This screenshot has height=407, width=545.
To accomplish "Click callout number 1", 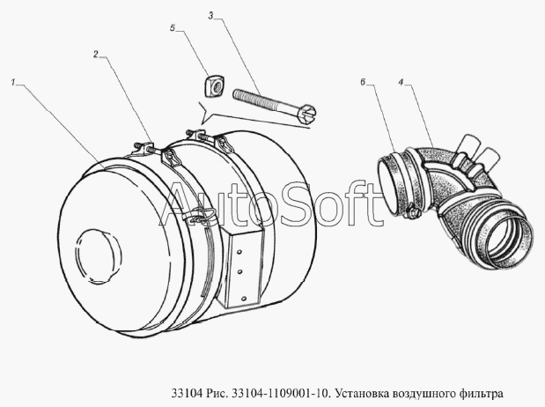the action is pyautogui.click(x=13, y=83).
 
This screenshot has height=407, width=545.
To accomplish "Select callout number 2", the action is pyautogui.click(x=96, y=55).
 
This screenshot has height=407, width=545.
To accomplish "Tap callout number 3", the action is pyautogui.click(x=210, y=15).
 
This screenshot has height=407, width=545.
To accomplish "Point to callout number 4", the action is pyautogui.click(x=401, y=83).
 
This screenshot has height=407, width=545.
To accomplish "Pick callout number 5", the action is pyautogui.click(x=173, y=28).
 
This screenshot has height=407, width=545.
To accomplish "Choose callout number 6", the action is pyautogui.click(x=363, y=83).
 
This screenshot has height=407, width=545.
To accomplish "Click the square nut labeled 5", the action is pyautogui.click(x=213, y=86).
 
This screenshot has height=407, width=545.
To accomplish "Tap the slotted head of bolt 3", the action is pyautogui.click(x=306, y=113).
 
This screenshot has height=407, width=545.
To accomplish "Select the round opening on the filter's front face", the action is pyautogui.click(x=99, y=255).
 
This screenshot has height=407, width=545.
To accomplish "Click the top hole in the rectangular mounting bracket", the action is pyautogui.click(x=239, y=251).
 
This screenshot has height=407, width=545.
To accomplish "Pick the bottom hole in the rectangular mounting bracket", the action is pyautogui.click(x=244, y=298).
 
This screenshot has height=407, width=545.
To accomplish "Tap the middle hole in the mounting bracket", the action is pyautogui.click(x=241, y=270).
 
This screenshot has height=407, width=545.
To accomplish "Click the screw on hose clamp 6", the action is pyautogui.click(x=413, y=212).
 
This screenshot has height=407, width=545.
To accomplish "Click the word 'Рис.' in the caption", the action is pyautogui.click(x=217, y=394).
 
